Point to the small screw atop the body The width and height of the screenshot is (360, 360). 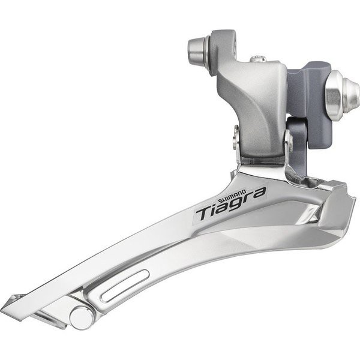(257, 58)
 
